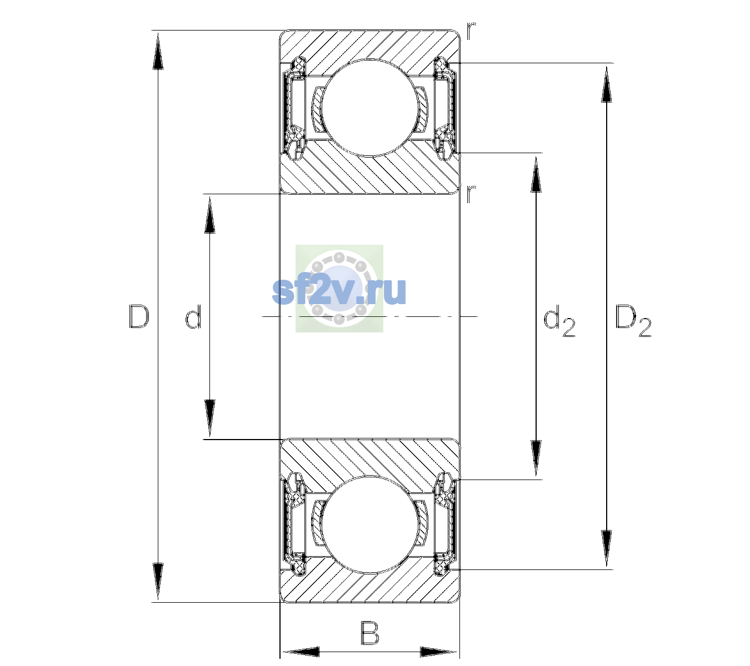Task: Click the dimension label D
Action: [x=139, y=316]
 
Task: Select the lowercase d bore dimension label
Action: [x=193, y=316]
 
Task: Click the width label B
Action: [x=369, y=633]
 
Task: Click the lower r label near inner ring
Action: [x=471, y=194]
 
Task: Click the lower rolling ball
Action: [x=369, y=524]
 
